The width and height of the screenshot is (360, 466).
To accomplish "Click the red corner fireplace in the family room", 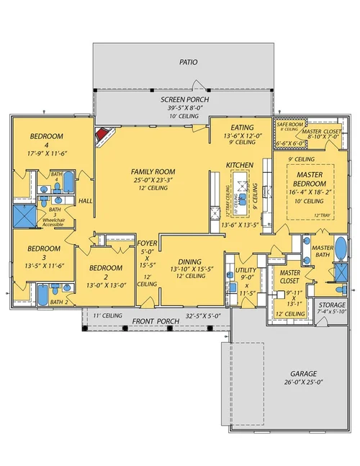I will tap(106, 135).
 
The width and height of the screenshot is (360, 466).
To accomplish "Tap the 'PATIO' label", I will tap(188, 63).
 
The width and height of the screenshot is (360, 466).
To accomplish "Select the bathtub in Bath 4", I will tap(69, 184).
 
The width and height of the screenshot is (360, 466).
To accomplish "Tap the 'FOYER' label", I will tap(147, 244).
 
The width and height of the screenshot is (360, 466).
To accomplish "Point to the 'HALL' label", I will tap(86, 201).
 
